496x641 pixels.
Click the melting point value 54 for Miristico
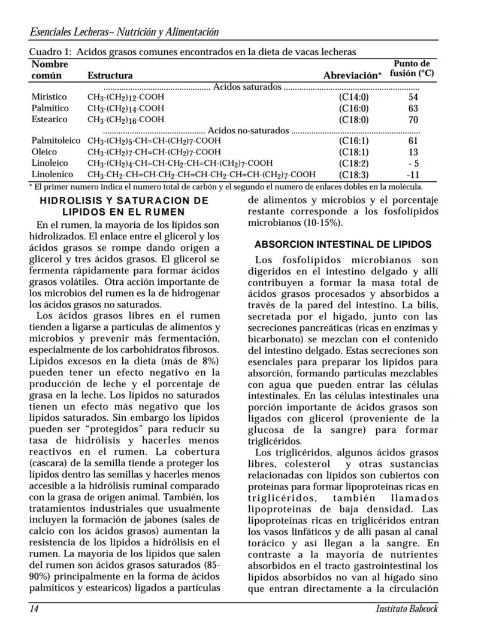[x=413, y=97]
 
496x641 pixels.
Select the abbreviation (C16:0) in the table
[x=353, y=108]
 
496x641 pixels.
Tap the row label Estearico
[x=49, y=119]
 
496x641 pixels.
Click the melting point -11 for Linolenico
[x=413, y=175]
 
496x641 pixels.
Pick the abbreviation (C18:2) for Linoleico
[x=353, y=163]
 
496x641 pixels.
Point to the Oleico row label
[x=44, y=152]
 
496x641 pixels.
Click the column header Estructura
[x=110, y=76]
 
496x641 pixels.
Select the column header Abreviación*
[x=352, y=76]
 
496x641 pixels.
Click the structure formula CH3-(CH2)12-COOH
[x=126, y=97]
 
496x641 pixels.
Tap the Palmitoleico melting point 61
[x=413, y=141]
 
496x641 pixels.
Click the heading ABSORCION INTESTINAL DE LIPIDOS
[x=343, y=245]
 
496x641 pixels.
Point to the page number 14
[x=35, y=609]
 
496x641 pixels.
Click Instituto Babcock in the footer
[x=407, y=609]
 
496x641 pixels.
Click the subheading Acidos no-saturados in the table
[x=248, y=130]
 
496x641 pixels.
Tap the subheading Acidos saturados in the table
[x=247, y=87]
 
